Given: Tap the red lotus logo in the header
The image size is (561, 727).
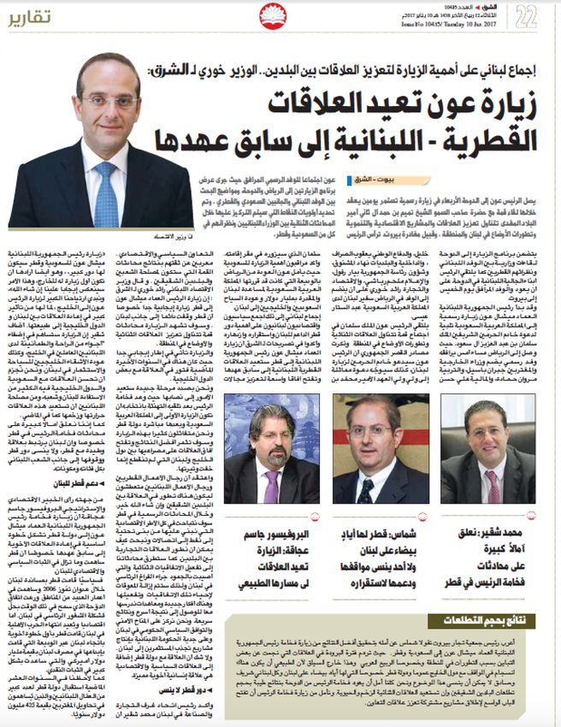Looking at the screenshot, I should (288, 16).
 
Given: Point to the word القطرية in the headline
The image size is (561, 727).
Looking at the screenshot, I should (482, 139).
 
